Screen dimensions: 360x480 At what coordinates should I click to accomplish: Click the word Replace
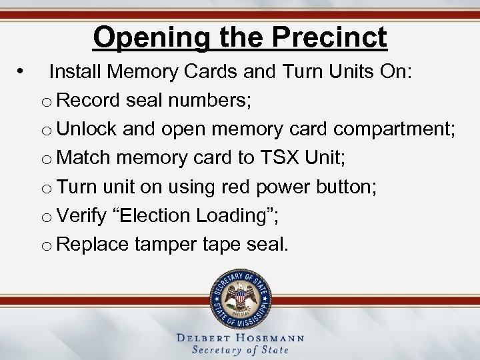pos(93,245)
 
